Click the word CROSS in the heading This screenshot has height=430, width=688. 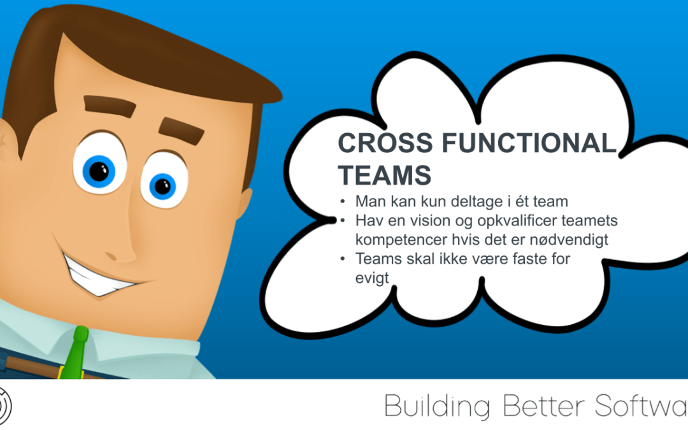point(385,143)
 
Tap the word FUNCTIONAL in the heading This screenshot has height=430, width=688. point(529,143)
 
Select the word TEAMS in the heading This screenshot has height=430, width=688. point(384,175)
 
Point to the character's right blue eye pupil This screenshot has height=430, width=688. point(162,187)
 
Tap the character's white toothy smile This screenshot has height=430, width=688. point(99,276)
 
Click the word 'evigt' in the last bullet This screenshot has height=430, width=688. point(372,278)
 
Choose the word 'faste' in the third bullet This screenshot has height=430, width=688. point(529,259)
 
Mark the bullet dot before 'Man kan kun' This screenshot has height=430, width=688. point(343,202)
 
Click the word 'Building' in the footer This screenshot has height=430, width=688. point(437,406)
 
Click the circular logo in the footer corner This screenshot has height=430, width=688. point(4,406)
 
